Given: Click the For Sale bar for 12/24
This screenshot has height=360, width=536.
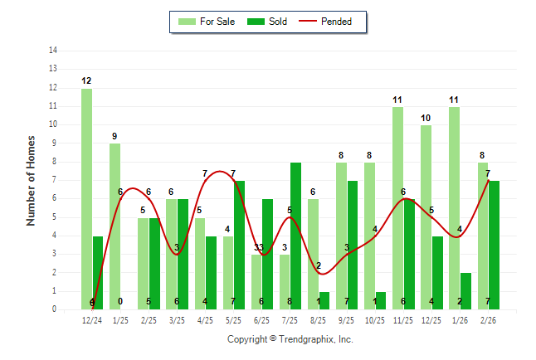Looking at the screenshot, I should pos(86,199).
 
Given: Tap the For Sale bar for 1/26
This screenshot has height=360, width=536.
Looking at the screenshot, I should pos(454,207).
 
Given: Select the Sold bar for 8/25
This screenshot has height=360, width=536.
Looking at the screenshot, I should pos(324,300).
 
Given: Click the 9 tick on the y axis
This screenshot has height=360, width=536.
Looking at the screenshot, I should pos(54,144).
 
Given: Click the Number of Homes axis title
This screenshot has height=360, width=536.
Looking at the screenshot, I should pos(31,180).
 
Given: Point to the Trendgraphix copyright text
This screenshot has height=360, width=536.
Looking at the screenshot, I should pos(290,339).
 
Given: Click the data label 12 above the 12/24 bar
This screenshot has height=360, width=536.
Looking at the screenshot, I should pos(86,80).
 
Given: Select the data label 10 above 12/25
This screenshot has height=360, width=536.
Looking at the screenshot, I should pos(426,118).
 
